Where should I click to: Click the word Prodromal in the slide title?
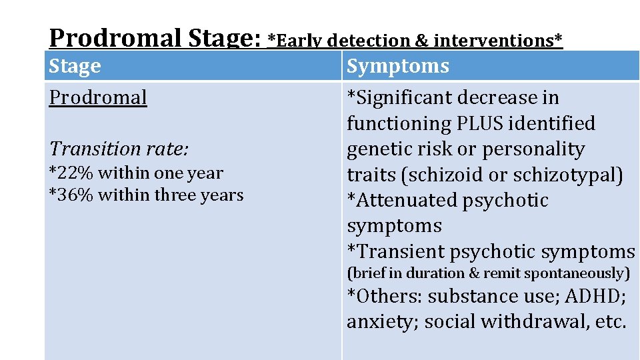click(x=115, y=38)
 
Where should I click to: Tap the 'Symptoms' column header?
click(x=398, y=66)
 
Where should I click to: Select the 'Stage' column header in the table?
click(x=75, y=66)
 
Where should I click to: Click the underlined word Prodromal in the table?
click(x=98, y=97)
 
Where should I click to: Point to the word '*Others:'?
click(x=384, y=296)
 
